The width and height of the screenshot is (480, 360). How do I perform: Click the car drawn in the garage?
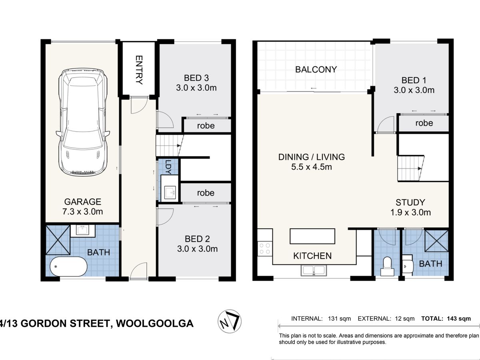[x=83, y=122]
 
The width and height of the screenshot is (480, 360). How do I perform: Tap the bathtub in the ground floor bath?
[x=69, y=266]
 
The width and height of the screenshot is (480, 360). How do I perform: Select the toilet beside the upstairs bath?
[x=387, y=266]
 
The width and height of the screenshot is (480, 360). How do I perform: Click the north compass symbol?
[x=229, y=321]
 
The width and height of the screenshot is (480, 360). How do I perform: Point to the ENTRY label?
[x=139, y=70]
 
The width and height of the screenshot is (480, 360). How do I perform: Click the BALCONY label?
[x=316, y=70]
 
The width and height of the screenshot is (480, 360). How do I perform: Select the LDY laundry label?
[x=168, y=167]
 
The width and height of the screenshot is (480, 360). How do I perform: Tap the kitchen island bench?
[x=312, y=236]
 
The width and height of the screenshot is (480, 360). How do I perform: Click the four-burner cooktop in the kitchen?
[x=265, y=248]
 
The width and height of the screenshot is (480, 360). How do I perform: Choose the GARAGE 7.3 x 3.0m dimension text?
[x=83, y=206]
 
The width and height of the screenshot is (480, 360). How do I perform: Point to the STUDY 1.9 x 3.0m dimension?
[x=410, y=208]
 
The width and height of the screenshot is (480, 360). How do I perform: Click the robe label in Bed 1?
[x=424, y=123]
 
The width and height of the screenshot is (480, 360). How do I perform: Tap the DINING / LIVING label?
[x=312, y=157]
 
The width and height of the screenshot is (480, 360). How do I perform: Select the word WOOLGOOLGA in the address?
[x=155, y=324]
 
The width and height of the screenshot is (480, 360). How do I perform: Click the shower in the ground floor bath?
[x=58, y=240]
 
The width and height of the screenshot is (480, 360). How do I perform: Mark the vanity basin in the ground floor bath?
[x=83, y=230]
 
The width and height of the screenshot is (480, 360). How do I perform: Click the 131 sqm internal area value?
[x=339, y=319]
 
